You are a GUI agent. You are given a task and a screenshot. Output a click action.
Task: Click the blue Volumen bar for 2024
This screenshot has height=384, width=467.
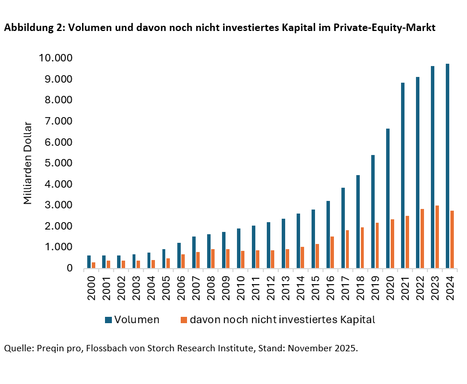(x=447, y=166)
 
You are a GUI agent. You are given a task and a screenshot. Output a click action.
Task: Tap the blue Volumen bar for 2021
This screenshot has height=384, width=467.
(x=403, y=176)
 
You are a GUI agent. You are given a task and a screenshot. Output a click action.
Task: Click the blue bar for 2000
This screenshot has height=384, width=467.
(x=89, y=262)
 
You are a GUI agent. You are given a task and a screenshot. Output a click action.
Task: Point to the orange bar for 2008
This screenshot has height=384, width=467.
(x=213, y=258)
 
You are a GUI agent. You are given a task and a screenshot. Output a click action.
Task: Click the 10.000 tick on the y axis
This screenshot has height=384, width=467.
(x=56, y=58)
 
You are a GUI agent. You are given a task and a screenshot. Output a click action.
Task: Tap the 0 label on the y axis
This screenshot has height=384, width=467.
(x=69, y=268)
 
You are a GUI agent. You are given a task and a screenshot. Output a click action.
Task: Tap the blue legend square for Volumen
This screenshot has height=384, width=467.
(x=108, y=320)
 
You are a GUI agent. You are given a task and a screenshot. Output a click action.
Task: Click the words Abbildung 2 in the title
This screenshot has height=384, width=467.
(x=33, y=28)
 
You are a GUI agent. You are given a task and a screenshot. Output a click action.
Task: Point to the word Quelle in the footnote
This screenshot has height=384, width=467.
(x=18, y=348)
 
